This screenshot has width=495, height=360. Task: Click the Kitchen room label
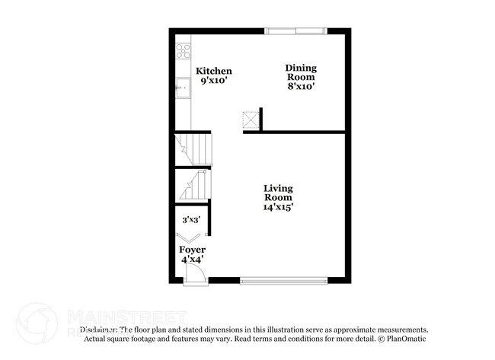[x=214, y=71]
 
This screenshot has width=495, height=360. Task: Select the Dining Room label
[x=301, y=72]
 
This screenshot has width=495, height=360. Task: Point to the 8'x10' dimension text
[x=301, y=87]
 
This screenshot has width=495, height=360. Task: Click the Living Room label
[x=278, y=193]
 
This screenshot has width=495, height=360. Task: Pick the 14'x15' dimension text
[x=278, y=206]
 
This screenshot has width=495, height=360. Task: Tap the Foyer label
[x=192, y=250]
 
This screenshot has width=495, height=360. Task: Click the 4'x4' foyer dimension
[x=192, y=260]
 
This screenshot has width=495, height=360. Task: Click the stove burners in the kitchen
[x=184, y=51]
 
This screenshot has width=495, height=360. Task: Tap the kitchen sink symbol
[x=183, y=88]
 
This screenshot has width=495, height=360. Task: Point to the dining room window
[x=295, y=31]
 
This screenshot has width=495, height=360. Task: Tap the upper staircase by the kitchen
[x=193, y=149]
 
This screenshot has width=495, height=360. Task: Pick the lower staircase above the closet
[x=193, y=185]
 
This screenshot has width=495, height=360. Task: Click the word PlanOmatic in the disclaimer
[x=405, y=339]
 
